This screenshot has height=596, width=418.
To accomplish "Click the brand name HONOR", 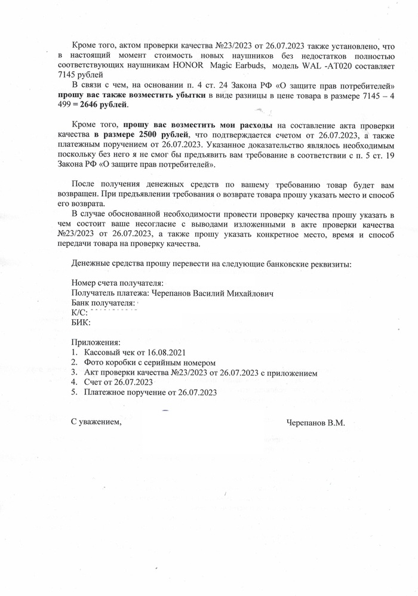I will pos(189,65).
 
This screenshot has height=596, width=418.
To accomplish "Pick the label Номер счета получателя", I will pos(118,283).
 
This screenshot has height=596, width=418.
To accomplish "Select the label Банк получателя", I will pos(103,304).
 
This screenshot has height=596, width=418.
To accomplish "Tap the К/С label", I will pos(79,313).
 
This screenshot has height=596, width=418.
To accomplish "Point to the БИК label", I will pos(81,323).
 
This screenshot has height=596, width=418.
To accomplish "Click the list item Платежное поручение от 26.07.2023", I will pos(150,393).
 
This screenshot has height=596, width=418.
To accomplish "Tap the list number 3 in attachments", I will pos(75,373).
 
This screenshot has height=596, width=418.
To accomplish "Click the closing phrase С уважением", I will pos(96,422).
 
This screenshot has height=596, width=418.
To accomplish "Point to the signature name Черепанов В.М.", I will pos(315,422).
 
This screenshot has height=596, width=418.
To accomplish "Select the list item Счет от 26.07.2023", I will pos(119,382).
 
